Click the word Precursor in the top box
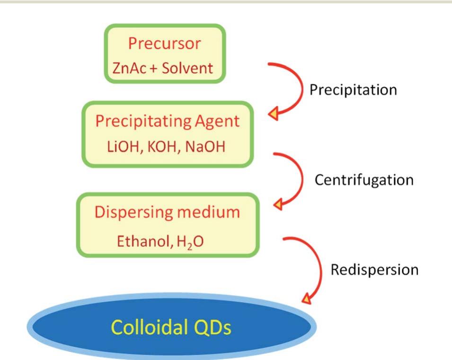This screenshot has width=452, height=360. click(164, 44)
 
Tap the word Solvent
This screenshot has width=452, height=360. click(187, 68)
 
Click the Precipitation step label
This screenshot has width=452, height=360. click(353, 90)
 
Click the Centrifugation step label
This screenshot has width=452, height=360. click(364, 180)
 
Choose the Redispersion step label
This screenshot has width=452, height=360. click(374, 270)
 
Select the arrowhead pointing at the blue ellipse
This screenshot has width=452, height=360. click(306, 299)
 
